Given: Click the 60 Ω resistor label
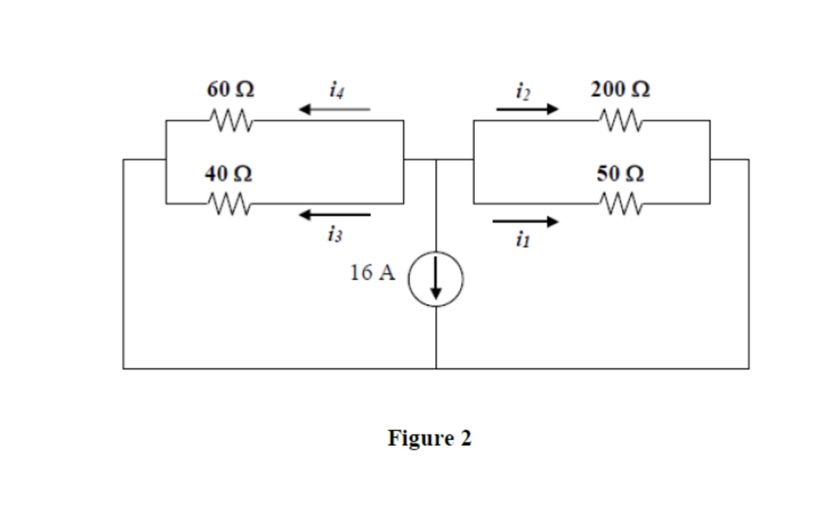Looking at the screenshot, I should coord(230,90).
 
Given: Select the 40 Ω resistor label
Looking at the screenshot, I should coord(228,174).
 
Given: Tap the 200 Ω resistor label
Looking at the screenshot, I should coord(620,90).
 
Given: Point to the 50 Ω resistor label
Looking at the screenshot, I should coord(620,174).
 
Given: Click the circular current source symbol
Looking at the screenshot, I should coord(436,278).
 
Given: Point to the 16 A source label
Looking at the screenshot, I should coord(372,273).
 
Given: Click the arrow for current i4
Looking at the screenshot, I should coord(335,110).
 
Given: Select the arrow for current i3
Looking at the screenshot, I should coord(335,214).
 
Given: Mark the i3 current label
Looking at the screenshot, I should coord(334,235).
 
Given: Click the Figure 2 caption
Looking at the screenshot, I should coord(429,438).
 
